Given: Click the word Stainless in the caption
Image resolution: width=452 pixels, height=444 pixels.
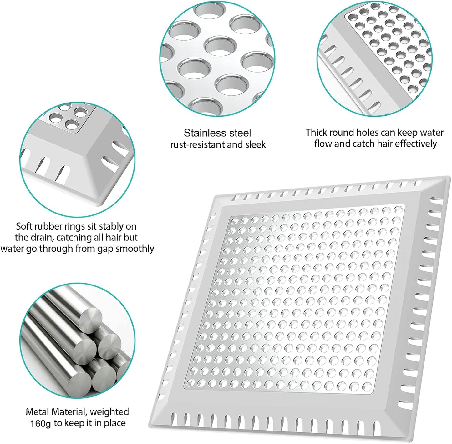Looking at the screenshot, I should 201,133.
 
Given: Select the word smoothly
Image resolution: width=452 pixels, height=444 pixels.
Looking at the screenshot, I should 135,249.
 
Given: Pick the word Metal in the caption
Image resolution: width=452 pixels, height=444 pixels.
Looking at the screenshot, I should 38,412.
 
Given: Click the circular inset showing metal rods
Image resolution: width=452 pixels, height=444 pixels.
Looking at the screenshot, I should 77,341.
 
